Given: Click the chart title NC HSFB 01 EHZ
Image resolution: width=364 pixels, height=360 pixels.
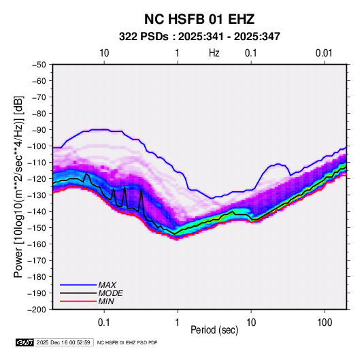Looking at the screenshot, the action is [x=199, y=19].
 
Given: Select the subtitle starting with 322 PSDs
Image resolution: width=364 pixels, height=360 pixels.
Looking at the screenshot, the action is [x=199, y=37].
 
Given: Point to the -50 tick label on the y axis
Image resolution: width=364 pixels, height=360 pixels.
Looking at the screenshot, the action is [x=39, y=65].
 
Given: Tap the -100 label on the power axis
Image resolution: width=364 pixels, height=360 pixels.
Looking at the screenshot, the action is [x=37, y=146].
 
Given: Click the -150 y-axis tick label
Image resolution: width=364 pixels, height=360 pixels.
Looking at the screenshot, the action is [x=37, y=228].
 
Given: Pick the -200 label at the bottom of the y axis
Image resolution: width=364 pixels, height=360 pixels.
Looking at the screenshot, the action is [x=37, y=310].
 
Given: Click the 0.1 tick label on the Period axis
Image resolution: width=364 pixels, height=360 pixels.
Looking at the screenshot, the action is [x=104, y=323].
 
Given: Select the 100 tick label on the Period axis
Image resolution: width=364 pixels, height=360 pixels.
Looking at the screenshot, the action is [x=325, y=323].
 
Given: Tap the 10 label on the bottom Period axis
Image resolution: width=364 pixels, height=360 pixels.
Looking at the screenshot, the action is [x=251, y=323].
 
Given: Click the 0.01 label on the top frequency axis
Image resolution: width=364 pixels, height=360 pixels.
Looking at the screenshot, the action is [x=324, y=53].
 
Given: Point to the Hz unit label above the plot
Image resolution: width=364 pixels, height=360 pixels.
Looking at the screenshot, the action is [x=214, y=53].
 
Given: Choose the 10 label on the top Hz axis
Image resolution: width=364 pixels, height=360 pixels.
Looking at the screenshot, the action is [x=104, y=53].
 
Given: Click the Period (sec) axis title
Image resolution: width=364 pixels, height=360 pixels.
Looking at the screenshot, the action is [x=214, y=330].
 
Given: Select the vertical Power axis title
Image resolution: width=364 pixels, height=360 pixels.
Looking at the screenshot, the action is [x=18, y=186].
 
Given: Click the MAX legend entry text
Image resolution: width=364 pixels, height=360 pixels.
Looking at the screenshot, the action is [x=107, y=285].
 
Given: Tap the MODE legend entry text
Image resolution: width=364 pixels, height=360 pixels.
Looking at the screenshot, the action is [x=110, y=293].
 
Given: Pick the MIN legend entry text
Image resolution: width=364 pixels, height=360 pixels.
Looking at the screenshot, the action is [x=106, y=301].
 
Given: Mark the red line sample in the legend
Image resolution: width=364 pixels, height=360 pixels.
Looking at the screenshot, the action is [x=78, y=301].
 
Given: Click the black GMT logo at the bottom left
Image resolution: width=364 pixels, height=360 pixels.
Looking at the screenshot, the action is [x=25, y=342].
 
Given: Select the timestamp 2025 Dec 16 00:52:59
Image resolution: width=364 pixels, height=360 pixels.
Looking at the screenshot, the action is [x=63, y=342].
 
